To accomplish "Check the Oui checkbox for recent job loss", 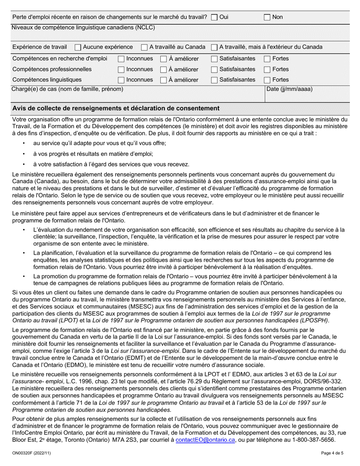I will (214, 17).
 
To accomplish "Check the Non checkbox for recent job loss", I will (267, 17).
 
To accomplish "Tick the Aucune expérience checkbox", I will (78, 47).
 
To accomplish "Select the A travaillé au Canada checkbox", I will (144, 47).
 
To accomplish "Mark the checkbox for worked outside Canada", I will (214, 47).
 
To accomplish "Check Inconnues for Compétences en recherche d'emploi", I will (121, 59).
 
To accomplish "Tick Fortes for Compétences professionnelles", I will (267, 69).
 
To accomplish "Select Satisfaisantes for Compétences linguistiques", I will (214, 80).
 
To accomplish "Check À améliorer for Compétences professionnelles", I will (163, 69).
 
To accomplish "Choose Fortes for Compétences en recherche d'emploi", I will (267, 59).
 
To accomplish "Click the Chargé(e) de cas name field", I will (136, 97).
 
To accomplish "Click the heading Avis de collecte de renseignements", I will (116, 108).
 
